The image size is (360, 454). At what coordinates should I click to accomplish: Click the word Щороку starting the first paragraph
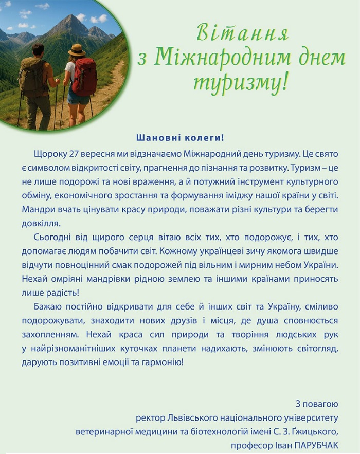pyautogui.click(x=48, y=154)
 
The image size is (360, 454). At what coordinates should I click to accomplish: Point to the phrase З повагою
pyautogui.click(x=317, y=403)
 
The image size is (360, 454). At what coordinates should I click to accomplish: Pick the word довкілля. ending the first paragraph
pyautogui.click(x=42, y=223)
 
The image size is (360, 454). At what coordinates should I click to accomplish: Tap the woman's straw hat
pyautogui.click(x=77, y=50)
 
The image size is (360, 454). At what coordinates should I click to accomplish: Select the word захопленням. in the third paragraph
pyautogui.click(x=46, y=335)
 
